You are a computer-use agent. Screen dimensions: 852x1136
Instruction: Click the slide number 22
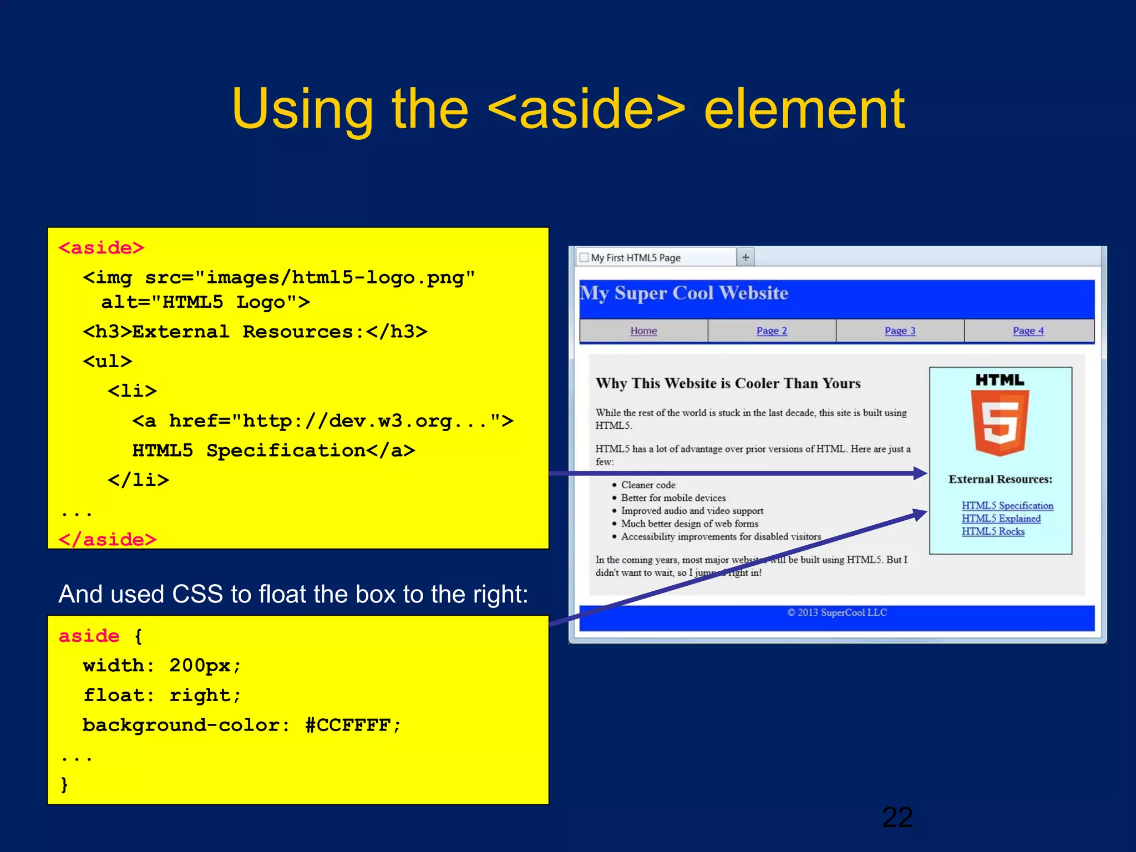point(897,818)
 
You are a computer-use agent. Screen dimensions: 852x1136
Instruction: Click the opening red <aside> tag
point(102,248)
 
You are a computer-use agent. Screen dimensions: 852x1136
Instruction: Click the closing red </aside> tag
point(108,539)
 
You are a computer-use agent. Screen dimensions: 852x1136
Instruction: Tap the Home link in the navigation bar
point(643,331)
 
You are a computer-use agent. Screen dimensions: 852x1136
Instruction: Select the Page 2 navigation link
point(772,331)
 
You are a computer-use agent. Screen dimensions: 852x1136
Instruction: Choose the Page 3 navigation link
point(900,331)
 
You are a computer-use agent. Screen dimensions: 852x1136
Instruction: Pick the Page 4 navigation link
point(1028,331)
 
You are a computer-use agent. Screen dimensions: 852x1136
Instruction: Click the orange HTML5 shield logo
point(1000,422)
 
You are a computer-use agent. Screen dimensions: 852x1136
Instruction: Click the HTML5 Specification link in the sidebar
point(1007,505)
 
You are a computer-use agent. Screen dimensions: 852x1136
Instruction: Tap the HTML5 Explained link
point(1001,518)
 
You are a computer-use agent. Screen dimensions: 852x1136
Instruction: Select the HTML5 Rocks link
point(993,531)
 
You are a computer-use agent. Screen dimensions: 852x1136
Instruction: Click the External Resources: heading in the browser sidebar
point(1000,479)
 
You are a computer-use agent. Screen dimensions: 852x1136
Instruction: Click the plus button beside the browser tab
point(745,257)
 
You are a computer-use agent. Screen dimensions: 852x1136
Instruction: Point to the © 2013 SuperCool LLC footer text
point(836,612)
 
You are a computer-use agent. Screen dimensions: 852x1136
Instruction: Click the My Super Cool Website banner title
point(684,293)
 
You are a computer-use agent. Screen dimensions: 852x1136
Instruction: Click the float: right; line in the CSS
point(162,695)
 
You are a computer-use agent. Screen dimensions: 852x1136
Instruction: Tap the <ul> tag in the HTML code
point(108,362)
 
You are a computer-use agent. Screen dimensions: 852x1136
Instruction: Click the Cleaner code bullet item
point(648,485)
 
